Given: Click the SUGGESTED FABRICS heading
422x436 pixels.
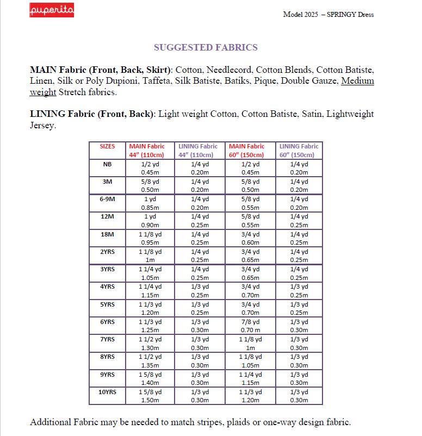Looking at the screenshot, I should (x=206, y=47).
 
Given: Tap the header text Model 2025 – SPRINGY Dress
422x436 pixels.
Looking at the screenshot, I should (x=328, y=14).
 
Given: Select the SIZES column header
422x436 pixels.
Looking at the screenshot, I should (x=107, y=146).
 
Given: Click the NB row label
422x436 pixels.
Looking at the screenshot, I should (x=107, y=164).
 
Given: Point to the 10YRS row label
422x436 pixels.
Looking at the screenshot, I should (x=107, y=391).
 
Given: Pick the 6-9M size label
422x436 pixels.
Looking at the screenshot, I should (x=107, y=199).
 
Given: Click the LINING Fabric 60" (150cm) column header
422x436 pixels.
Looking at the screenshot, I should (x=299, y=151).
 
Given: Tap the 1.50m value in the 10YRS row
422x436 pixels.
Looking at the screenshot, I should (x=150, y=400).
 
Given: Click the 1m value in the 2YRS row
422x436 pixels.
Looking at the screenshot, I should (x=150, y=260).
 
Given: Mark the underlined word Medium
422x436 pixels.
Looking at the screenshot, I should (x=357, y=81).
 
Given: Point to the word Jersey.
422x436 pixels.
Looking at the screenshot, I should (x=43, y=126).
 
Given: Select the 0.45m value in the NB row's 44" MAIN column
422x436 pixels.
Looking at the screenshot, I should (x=150, y=172).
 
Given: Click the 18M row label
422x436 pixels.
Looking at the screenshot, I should (x=107, y=234).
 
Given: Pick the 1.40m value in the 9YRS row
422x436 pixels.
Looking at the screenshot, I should (x=150, y=383).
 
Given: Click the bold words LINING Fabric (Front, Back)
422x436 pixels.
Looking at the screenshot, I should (x=92, y=114).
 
